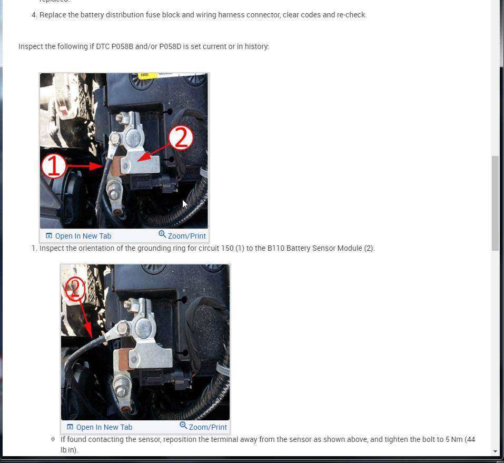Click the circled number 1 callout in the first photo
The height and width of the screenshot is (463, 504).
tap(54, 166)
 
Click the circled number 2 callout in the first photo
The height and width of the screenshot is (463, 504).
tap(181, 138)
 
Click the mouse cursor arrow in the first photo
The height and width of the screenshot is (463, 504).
tap(185, 204)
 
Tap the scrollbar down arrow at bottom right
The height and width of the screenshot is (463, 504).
tap(495, 451)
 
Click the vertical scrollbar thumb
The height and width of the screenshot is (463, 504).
tap(495, 203)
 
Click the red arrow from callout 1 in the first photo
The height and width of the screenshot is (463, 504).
tap(84, 166)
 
